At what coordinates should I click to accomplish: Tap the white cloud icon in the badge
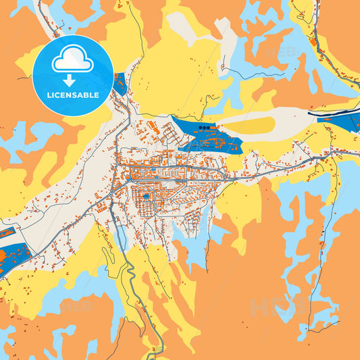[72, 61]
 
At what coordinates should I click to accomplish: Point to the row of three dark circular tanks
[206, 126]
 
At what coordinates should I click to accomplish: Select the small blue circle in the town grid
[145, 197]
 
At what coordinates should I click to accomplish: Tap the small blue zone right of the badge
[120, 84]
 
